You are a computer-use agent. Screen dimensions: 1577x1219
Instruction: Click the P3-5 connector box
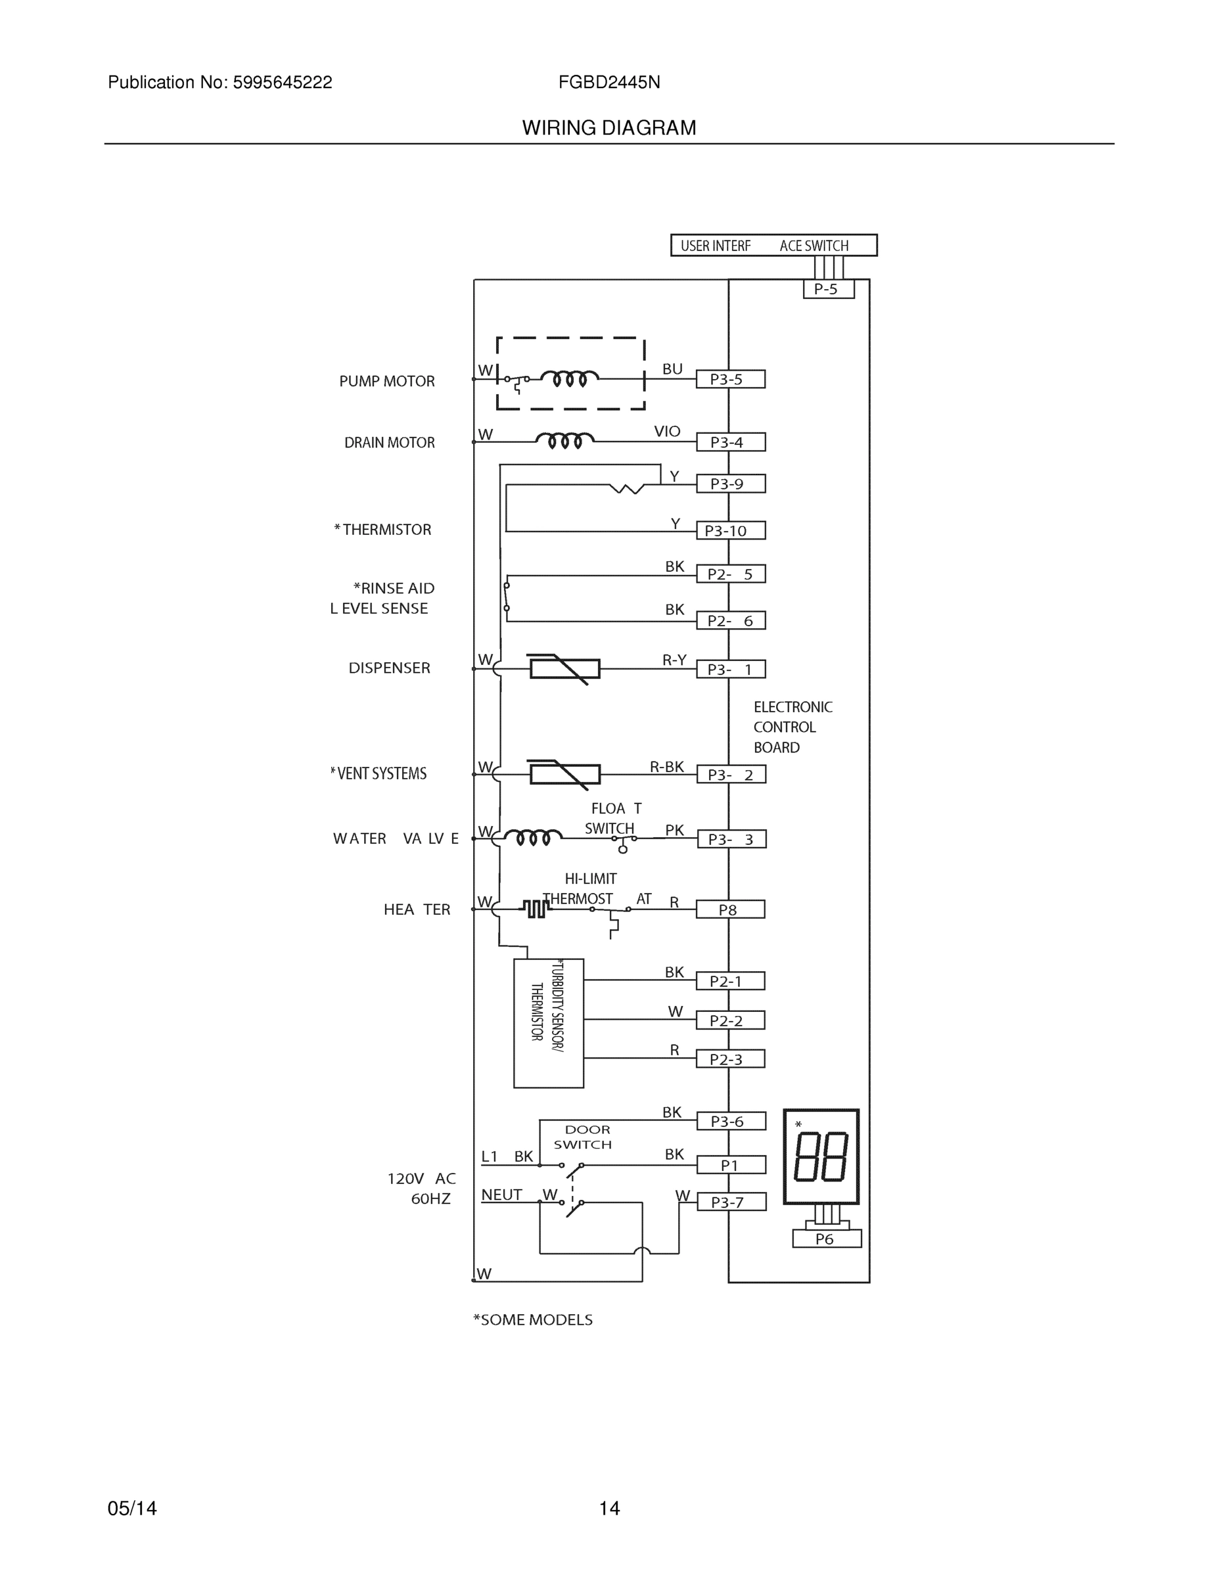(730, 379)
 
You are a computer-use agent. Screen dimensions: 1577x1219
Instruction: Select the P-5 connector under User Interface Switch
(828, 290)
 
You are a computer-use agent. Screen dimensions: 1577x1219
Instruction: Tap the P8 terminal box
(729, 909)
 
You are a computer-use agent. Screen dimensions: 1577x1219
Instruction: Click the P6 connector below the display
(826, 1239)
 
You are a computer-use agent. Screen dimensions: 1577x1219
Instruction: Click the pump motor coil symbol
(570, 378)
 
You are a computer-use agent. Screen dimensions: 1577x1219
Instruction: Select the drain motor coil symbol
(564, 440)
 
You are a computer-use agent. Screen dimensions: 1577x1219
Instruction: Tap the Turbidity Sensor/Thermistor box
(548, 1023)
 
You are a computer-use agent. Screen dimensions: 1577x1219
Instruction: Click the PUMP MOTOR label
(387, 381)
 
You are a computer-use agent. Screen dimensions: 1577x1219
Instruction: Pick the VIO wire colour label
(666, 431)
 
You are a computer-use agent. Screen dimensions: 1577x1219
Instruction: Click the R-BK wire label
(666, 767)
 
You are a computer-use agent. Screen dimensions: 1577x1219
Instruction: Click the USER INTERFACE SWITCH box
(773, 246)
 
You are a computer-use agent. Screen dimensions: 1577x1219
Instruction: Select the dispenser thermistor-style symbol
(564, 669)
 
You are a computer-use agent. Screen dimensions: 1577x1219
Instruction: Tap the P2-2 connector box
(730, 1020)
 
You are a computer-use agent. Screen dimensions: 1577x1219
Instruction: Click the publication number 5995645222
(282, 82)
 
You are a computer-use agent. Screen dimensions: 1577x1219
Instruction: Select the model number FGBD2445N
(609, 82)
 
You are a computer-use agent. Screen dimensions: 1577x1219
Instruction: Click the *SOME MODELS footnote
(532, 1320)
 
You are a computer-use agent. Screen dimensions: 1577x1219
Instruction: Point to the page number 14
(609, 1509)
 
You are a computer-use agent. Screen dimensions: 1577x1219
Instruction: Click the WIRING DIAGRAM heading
(609, 128)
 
